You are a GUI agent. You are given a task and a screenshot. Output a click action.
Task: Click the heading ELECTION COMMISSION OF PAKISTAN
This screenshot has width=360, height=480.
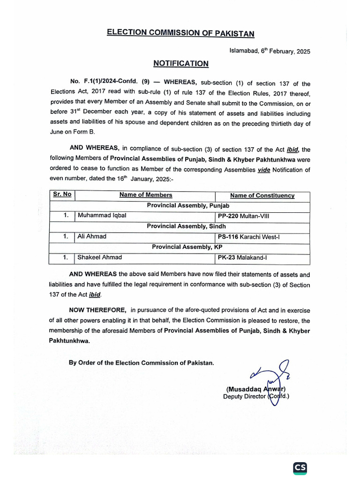coord(180,33)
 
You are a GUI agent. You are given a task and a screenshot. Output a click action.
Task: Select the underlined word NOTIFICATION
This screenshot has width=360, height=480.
coord(180,64)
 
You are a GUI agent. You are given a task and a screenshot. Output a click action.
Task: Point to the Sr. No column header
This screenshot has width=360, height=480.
coord(62,195)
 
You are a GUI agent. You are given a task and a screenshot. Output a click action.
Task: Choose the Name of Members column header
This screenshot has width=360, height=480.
coord(145,195)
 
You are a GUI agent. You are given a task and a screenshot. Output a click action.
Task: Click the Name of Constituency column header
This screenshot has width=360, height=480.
coord(262,195)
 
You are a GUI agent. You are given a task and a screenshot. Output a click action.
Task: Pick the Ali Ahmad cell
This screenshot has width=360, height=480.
coord(92,236)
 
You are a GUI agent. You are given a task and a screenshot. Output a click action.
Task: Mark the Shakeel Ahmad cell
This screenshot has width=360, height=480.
coord(99,257)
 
